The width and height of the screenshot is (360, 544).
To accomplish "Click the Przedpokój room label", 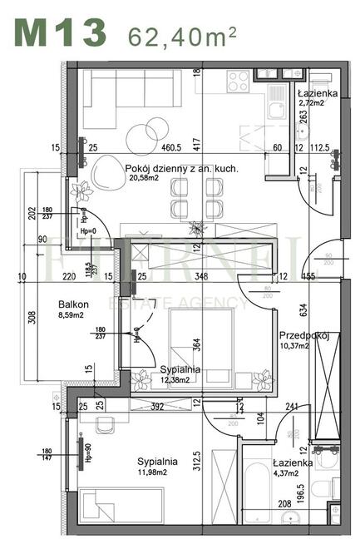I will point(304,335).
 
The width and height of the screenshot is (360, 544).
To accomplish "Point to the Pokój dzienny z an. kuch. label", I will point(182,169).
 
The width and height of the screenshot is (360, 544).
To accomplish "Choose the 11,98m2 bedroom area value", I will point(158,474).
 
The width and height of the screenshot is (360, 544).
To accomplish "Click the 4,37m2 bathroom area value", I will point(292,474).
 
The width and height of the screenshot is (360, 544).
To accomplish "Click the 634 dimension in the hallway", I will point(304,309).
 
